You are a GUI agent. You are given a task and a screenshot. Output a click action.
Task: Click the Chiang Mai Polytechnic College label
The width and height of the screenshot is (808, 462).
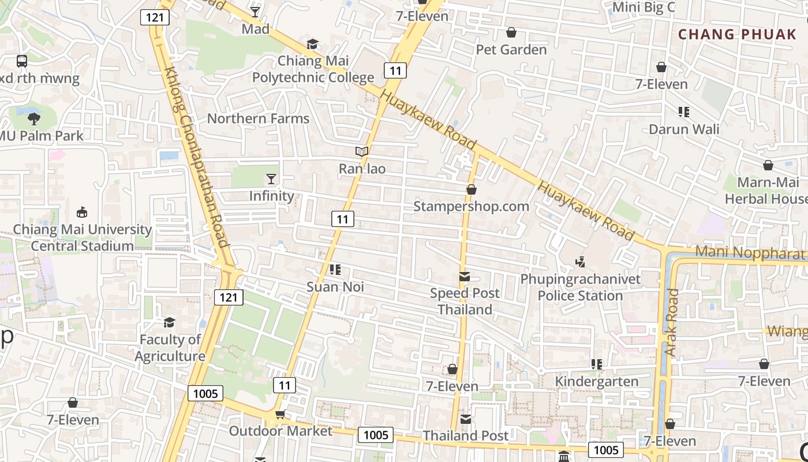coord(313,69)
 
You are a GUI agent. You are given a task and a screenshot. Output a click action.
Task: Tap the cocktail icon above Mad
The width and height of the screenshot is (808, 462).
coord(255,12)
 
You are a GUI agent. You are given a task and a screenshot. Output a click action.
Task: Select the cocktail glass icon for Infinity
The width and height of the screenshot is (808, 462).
coord(271,178)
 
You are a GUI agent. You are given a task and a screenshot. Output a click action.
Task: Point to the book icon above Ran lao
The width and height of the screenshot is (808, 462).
coord(362,152)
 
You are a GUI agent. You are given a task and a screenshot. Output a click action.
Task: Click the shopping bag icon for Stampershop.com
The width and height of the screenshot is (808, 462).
coord(471,189)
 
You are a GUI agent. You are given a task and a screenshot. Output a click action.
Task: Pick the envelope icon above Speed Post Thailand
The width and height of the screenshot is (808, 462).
coord(465,277)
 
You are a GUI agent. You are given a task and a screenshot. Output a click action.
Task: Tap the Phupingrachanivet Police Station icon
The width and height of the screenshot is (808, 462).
coord(580,262)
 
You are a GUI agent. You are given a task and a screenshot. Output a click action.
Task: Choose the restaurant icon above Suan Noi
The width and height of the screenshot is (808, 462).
coord(335,269)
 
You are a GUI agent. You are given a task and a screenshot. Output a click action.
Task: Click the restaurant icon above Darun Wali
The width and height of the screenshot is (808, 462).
coord(684,111)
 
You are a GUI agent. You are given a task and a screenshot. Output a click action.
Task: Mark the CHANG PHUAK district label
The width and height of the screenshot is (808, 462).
coord(737,34)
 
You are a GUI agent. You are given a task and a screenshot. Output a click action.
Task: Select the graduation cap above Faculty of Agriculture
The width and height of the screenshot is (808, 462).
coord(170,322)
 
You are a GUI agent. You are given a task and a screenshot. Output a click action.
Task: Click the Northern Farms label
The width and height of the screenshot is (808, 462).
coord(258,118)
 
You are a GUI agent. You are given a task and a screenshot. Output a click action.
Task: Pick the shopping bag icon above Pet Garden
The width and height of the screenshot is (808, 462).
coord(511,32)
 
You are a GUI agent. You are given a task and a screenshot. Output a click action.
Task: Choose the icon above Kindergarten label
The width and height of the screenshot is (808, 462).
coord(596,364)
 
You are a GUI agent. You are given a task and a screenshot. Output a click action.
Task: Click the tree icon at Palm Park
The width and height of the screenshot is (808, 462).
coord(34,119)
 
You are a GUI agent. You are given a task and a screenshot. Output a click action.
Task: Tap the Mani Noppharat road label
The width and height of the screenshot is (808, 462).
coord(750,252)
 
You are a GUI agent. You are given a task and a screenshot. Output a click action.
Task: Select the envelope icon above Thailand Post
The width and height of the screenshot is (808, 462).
coord(465,419)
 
